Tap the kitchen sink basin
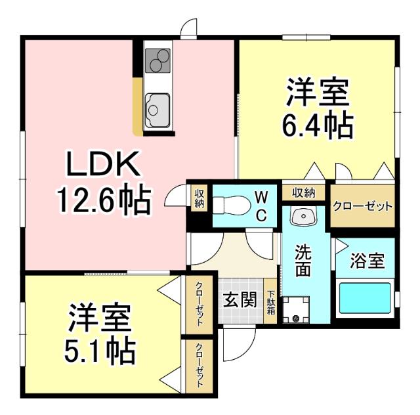point(157,106)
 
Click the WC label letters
point(261,206)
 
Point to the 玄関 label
point(239,301)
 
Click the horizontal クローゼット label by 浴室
point(363,206)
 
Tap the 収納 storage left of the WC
point(199,198)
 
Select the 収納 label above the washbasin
point(303,192)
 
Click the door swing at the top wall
point(189,28)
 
